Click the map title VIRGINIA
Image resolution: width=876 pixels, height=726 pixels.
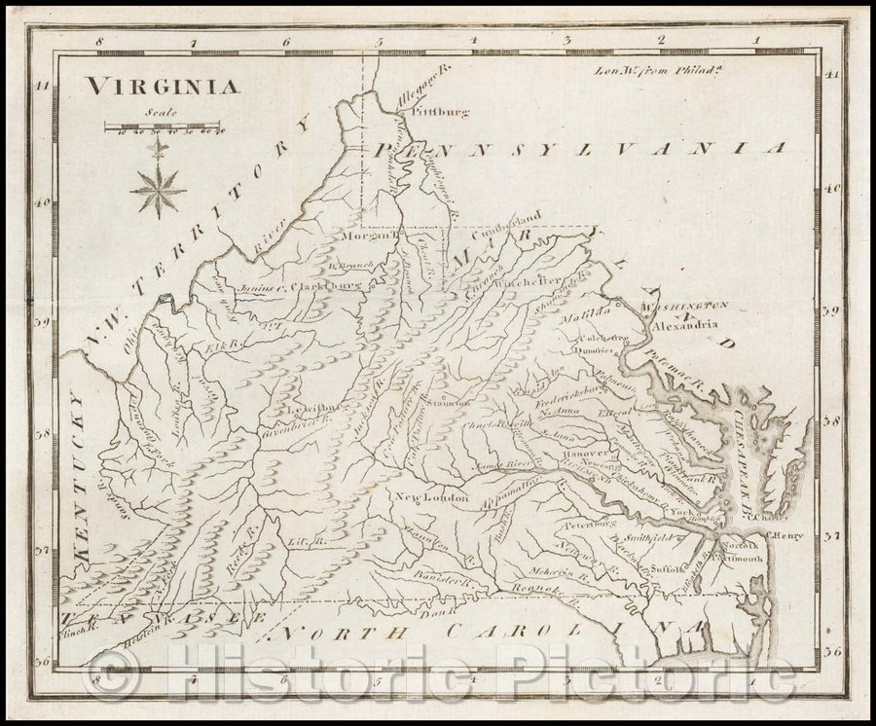click(x=163, y=86)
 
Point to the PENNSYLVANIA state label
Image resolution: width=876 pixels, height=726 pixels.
click(x=579, y=149)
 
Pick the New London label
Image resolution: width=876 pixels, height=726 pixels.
click(x=431, y=498)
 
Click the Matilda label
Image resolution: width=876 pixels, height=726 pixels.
click(x=600, y=310)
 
